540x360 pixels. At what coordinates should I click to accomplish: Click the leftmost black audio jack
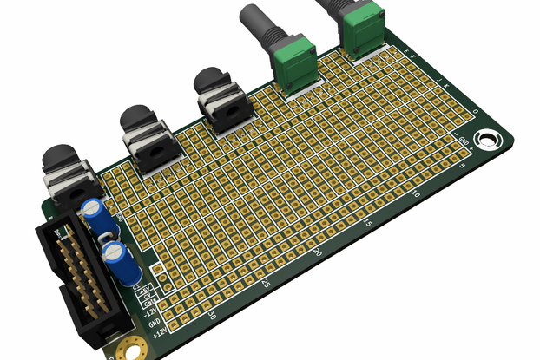64,173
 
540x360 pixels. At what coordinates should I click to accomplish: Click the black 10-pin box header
78,278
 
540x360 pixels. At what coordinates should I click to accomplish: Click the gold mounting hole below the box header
131,348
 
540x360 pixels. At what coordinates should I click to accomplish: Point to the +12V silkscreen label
158,331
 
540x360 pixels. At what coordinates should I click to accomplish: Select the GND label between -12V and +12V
154,322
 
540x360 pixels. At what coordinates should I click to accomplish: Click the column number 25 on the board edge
265,283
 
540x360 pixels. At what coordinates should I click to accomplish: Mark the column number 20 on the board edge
318,252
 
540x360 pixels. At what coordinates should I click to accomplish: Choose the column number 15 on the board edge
368,224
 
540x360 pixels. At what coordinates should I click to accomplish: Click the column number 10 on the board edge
418,195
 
